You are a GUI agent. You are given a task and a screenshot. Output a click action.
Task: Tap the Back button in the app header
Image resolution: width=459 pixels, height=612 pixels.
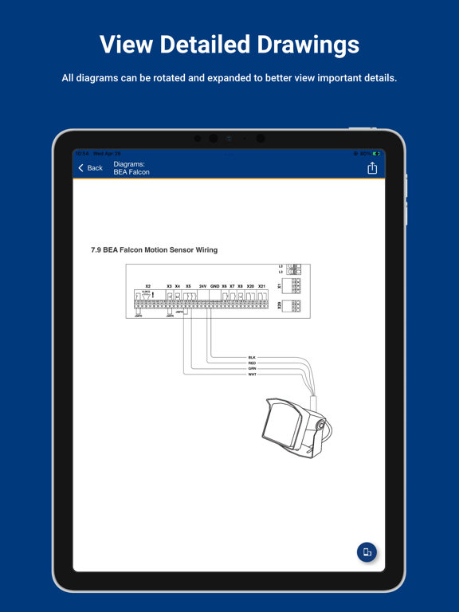(90, 168)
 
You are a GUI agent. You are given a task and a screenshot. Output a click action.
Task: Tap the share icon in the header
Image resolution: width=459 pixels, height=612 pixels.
(372, 167)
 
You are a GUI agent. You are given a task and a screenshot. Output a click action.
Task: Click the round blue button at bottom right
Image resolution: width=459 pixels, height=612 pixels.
(367, 552)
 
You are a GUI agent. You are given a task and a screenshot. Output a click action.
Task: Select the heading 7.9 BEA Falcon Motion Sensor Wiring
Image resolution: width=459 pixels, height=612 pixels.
(154, 250)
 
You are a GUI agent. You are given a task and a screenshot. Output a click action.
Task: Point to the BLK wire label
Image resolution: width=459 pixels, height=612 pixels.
(252, 358)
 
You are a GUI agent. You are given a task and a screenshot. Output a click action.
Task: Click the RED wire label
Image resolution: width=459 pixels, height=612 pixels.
(252, 363)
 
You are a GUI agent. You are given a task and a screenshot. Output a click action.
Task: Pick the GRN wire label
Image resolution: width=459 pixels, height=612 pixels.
(252, 369)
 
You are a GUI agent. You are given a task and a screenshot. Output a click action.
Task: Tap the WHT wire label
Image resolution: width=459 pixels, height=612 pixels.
(252, 375)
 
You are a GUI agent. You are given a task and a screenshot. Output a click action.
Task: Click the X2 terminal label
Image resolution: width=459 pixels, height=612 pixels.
(147, 286)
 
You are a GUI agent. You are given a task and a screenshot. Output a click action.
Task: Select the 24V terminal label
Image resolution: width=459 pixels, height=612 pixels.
(202, 286)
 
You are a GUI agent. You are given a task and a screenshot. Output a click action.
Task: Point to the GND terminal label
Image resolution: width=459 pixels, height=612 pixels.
(214, 286)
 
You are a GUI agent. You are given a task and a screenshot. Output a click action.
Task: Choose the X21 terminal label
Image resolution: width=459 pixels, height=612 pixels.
(261, 286)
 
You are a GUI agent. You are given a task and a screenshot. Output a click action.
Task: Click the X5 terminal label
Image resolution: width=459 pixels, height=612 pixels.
(188, 286)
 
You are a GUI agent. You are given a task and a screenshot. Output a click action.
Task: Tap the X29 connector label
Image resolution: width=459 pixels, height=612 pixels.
(280, 305)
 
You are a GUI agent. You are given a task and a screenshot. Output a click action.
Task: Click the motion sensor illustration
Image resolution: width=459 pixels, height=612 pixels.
(295, 426)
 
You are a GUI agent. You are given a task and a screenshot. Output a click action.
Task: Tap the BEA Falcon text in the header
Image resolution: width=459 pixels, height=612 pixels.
(131, 172)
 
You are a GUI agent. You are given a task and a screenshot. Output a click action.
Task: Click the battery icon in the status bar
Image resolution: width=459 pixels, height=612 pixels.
(375, 154)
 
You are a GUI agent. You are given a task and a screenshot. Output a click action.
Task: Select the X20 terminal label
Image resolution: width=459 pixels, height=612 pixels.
(250, 286)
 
